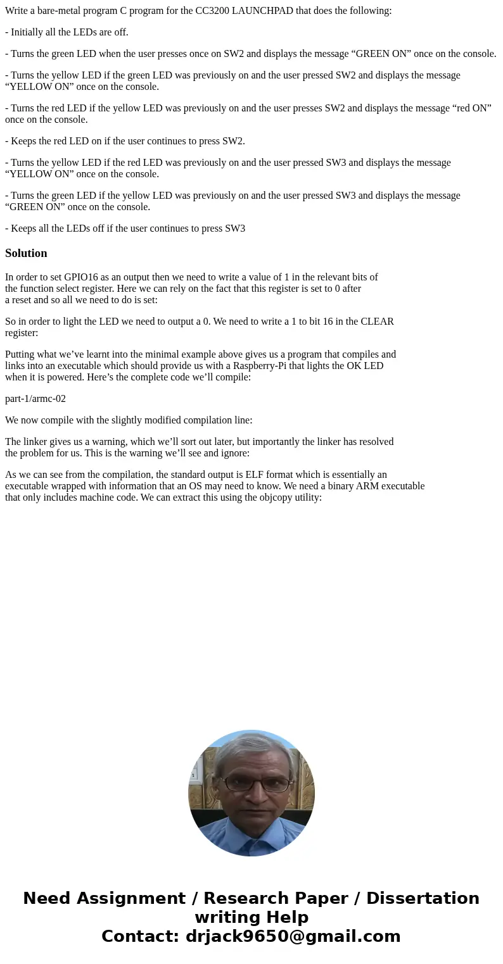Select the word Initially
tap(29, 32)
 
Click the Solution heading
tap(26, 253)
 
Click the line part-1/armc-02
tap(35, 399)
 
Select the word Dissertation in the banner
tap(423, 899)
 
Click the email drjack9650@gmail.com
tap(293, 937)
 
